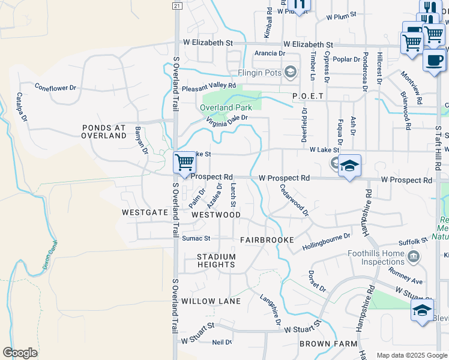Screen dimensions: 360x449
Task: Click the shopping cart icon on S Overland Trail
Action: [x=184, y=161]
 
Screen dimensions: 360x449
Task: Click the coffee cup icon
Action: [x=435, y=60]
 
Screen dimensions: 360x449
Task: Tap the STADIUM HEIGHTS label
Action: [x=216, y=260]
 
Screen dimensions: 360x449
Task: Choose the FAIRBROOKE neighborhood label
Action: [x=267, y=240]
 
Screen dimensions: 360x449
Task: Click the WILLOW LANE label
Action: [x=211, y=301]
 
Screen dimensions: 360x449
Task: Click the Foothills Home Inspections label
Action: [x=376, y=257]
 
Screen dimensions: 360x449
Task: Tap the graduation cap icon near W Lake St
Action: [x=349, y=166]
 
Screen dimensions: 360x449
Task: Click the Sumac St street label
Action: [x=196, y=239]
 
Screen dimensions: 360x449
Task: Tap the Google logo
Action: [x=20, y=352]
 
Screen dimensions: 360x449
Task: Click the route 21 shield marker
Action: [x=176, y=5]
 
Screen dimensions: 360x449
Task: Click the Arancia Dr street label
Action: [x=270, y=53]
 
